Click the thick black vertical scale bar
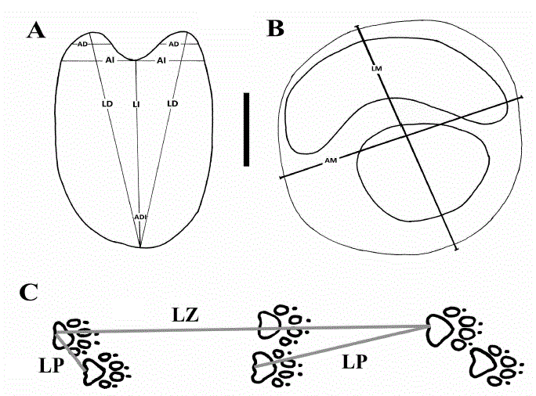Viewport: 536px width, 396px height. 247,129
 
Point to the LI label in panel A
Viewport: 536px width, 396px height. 136,103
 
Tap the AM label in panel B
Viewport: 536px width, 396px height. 331,160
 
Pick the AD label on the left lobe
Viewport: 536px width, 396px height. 83,45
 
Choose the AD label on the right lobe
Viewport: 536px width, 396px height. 174,45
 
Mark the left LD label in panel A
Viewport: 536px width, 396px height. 107,103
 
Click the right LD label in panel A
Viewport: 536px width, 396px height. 173,103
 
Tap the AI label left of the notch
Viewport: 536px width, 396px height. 111,60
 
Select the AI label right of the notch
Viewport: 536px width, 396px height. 161,60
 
